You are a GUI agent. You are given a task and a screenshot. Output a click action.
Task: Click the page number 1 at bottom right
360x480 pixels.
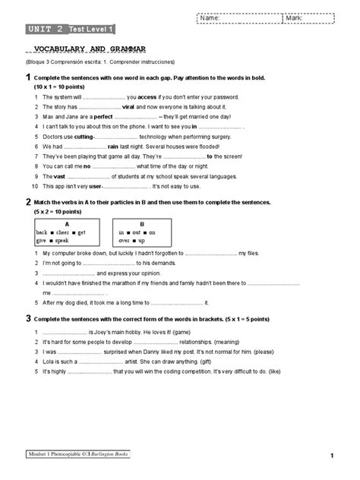[333, 456]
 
